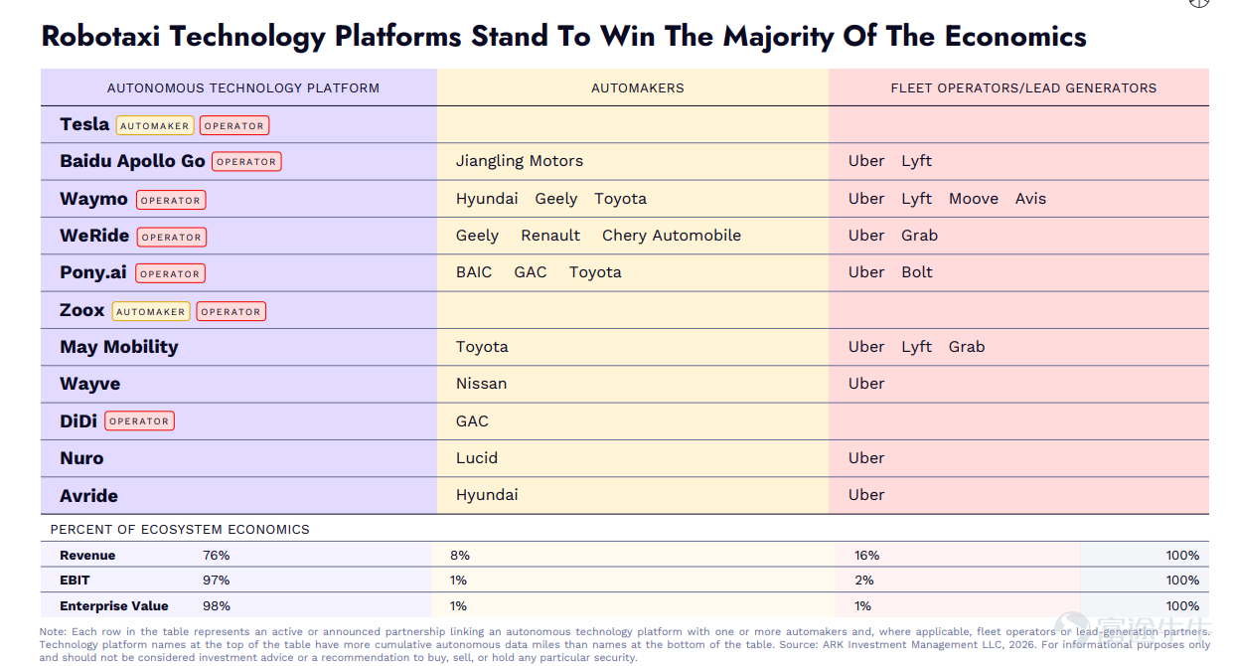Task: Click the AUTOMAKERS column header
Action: tap(638, 88)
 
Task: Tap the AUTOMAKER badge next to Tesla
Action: tap(155, 125)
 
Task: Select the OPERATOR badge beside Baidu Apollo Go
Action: tap(246, 161)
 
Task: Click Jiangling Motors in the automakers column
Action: tap(519, 161)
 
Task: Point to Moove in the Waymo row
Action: tap(974, 199)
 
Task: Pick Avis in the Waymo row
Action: tap(1030, 199)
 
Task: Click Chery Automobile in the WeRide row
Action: tap(672, 236)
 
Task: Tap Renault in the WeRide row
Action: tap(550, 236)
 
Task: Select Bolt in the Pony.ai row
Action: tap(916, 272)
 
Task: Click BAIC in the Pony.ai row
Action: tap(474, 272)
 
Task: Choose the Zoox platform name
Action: tap(82, 310)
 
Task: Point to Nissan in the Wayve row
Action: tap(481, 384)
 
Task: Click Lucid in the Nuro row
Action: tap(477, 458)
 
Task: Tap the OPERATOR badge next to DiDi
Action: tap(139, 420)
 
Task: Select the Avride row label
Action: tap(88, 496)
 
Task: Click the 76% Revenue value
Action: tap(216, 556)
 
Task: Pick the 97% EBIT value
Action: tap(216, 581)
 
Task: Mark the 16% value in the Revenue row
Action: tap(866, 556)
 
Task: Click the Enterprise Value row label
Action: tap(114, 606)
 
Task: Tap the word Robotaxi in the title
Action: tap(100, 37)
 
